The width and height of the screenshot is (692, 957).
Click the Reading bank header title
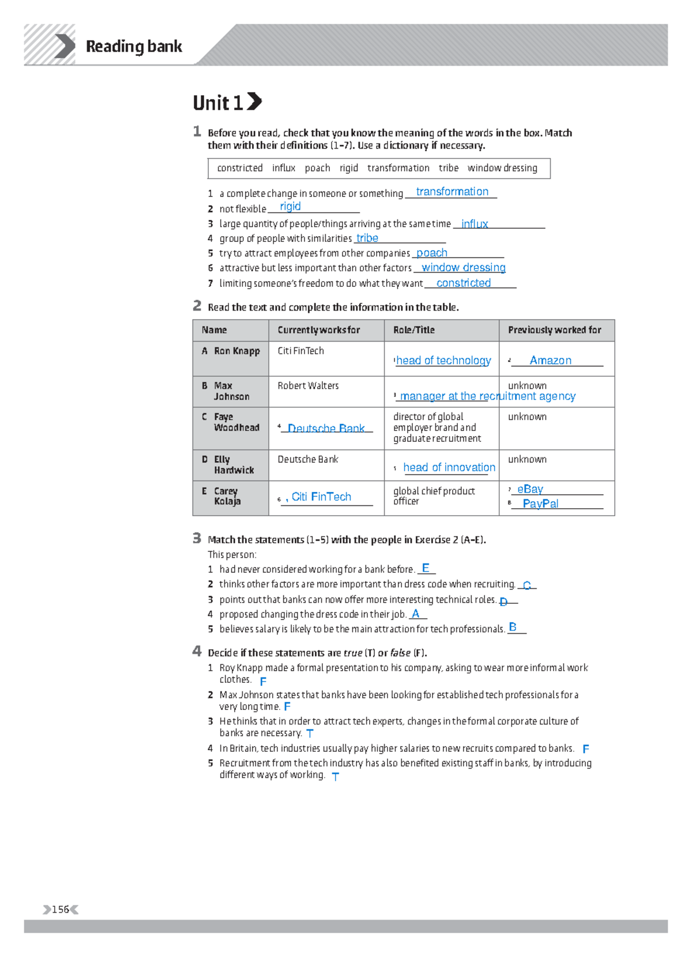[x=134, y=46]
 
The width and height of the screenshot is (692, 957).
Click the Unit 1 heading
[x=219, y=103]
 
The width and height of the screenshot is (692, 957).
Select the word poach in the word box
[x=317, y=168]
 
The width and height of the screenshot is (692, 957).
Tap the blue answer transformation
[x=452, y=192]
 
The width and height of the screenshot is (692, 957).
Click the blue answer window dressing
[x=463, y=267]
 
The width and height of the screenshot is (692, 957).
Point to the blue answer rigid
[x=290, y=207]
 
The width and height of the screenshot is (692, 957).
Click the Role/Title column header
[x=413, y=330]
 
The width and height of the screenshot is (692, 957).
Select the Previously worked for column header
[x=554, y=330]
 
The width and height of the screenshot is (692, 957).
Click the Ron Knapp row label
[x=236, y=351]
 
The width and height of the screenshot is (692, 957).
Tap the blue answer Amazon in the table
[x=550, y=361]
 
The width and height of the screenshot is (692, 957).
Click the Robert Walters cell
[x=308, y=386]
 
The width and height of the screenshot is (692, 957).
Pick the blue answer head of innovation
[x=449, y=467]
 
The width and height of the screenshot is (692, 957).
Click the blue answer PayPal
[x=540, y=504]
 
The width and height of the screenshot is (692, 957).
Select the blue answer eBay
[x=530, y=489]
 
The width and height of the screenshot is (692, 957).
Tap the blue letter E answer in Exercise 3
[x=426, y=568]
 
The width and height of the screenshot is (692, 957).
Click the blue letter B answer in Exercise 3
[x=513, y=627]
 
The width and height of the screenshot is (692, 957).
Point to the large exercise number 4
[x=197, y=652]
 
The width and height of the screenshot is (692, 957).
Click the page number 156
[x=61, y=910]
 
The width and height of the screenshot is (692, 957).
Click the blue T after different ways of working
[x=336, y=776]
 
